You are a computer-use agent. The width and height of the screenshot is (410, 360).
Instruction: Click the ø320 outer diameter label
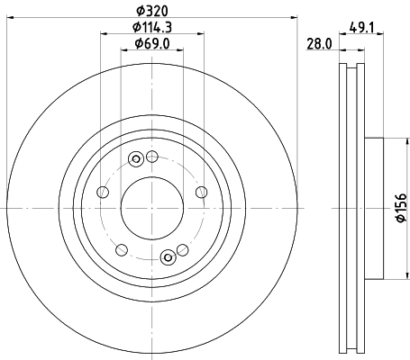[x=151, y=12]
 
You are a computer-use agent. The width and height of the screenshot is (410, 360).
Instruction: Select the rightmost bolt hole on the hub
[x=200, y=193]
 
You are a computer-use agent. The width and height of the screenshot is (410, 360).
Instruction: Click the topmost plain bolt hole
[x=152, y=157]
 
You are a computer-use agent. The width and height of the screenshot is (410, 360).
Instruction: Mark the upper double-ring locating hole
[x=136, y=160]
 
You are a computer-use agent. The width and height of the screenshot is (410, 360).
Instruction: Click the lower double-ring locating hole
[x=167, y=259]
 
